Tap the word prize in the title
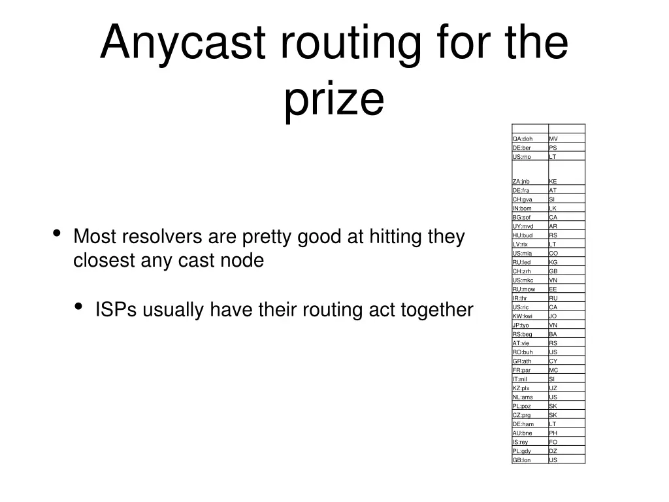coord(334,99)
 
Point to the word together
coord(438,310)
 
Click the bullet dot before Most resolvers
coord(57,233)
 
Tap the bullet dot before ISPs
coord(79,307)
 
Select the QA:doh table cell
coord(529,139)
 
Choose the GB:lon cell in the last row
coord(529,460)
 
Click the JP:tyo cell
coord(529,325)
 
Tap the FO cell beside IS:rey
coord(566,442)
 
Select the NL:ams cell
coord(529,397)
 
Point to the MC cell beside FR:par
coord(566,370)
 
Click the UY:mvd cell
coord(529,226)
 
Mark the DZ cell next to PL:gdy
coord(566,451)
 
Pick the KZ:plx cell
coord(529,388)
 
